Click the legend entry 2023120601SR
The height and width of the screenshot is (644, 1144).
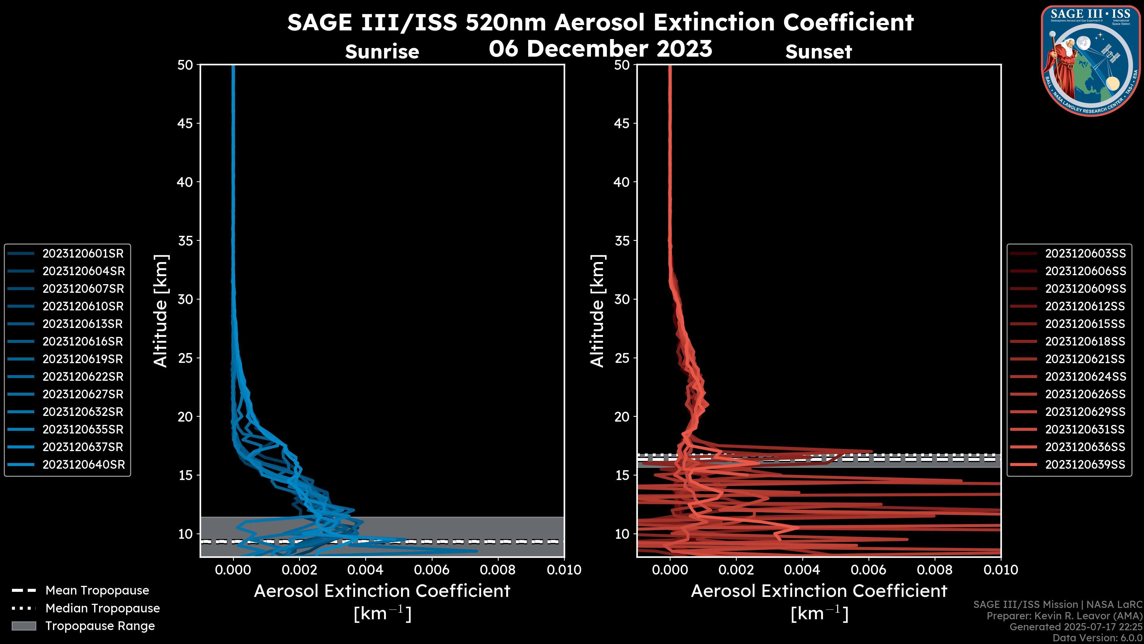pos(83,254)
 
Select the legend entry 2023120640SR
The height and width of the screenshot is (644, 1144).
pos(83,465)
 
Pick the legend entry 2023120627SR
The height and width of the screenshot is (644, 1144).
pos(83,394)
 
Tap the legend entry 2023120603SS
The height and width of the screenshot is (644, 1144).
pos(1085,254)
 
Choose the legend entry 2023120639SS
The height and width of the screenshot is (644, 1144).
pos(1085,465)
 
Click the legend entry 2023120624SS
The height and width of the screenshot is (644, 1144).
pos(1085,377)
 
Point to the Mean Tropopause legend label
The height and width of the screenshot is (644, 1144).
pos(97,591)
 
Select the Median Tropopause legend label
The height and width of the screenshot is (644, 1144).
pos(102,609)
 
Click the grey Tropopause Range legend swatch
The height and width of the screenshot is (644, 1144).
pos(24,626)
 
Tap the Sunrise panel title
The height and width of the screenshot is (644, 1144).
pos(382,52)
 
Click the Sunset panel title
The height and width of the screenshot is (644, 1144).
pos(818,52)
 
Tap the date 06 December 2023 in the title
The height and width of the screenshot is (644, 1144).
pos(600,48)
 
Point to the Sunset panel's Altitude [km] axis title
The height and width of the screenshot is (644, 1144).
pos(597,311)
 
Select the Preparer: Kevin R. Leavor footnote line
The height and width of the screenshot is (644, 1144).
pos(1064,616)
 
